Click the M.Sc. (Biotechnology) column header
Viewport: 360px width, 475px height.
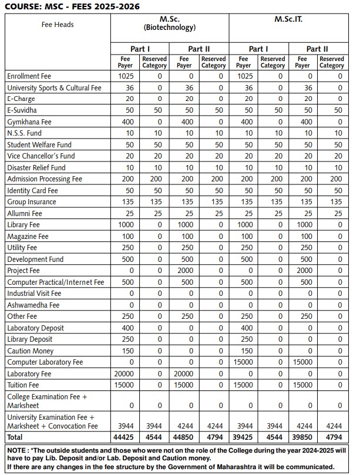169,23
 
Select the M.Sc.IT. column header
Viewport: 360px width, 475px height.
288,19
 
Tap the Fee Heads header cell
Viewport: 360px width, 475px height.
58,25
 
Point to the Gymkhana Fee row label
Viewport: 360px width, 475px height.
29,122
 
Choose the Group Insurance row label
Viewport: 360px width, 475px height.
32,202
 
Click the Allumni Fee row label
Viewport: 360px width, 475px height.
25,213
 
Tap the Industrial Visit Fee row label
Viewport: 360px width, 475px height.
34,294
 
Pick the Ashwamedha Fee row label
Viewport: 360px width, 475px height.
33,305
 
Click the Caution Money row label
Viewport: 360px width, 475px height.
31,351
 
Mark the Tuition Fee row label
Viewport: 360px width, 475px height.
24,385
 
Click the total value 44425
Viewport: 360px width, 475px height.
125,437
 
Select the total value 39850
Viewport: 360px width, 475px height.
302,437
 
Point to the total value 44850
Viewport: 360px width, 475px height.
184,437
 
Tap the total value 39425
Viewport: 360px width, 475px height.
243,437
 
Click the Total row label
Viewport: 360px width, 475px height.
16,437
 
